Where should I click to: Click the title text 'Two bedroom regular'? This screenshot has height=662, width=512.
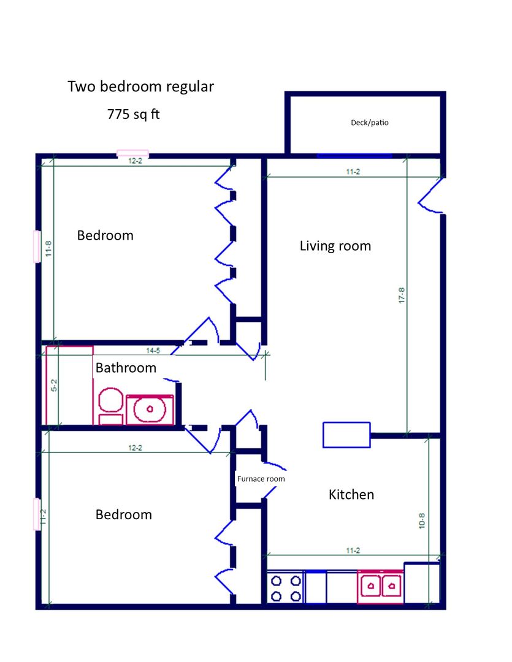(x=140, y=87)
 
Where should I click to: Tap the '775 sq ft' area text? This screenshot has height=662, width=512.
(x=133, y=114)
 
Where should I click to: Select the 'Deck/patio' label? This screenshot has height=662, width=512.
(x=369, y=123)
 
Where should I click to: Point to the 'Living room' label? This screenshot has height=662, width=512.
(x=335, y=246)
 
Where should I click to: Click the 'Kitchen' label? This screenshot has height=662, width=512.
(x=351, y=495)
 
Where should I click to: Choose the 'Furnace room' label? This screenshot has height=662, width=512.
(x=261, y=479)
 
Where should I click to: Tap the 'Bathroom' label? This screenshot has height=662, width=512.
(x=126, y=368)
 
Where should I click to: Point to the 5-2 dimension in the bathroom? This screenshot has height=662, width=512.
(x=54, y=385)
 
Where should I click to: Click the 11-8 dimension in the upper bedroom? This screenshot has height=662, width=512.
(x=48, y=250)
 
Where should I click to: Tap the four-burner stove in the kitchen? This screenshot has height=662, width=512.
(x=286, y=587)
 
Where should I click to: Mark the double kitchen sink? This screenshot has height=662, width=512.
(x=380, y=587)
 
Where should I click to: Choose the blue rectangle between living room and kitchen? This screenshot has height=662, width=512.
(x=346, y=435)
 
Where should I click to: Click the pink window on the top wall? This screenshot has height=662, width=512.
(x=132, y=153)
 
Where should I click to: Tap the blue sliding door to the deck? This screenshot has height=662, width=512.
(x=354, y=156)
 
